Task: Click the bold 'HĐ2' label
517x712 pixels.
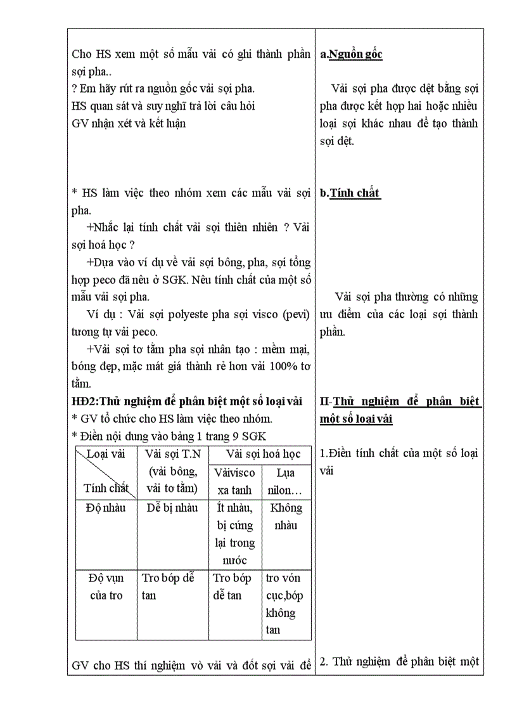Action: coord(85,401)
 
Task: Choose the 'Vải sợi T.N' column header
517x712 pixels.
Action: coord(172,455)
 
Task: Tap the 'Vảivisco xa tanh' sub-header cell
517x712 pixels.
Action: coord(234,481)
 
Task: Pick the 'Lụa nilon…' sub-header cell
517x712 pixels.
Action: coord(285,481)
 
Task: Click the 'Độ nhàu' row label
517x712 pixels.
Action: coord(106,508)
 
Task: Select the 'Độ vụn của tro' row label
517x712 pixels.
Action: coord(106,586)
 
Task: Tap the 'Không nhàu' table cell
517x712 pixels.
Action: coord(285,516)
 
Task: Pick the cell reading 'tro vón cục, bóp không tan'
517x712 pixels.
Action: coord(285,604)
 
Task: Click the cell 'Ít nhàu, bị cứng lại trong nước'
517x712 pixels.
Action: coord(234,534)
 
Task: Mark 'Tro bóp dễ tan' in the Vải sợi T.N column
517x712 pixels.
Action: coord(168,586)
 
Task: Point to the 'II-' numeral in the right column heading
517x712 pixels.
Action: coord(326,401)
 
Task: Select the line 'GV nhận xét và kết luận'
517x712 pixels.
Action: coord(129,124)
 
